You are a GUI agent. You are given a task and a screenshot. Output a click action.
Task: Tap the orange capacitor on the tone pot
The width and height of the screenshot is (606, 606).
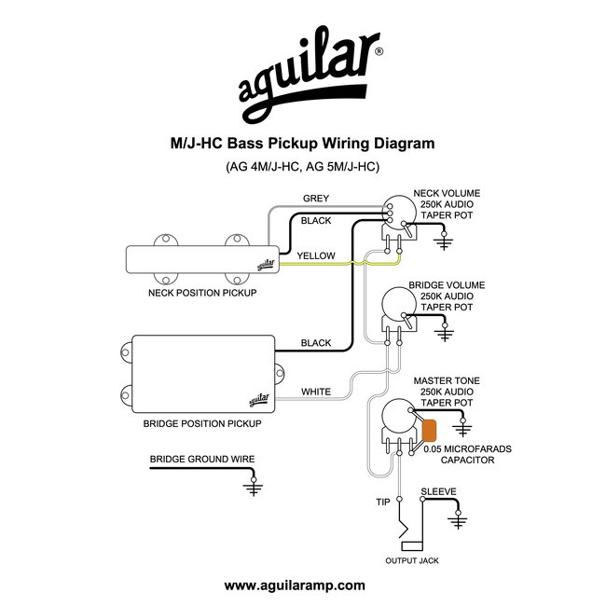(431, 431)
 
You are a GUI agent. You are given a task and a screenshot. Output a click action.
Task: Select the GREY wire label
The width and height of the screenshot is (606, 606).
(315, 199)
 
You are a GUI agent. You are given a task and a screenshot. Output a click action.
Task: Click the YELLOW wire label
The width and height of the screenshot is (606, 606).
(315, 255)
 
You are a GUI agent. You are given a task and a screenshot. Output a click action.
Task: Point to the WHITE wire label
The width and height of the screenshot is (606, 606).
(315, 393)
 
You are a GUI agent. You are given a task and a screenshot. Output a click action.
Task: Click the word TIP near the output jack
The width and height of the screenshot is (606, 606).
(382, 503)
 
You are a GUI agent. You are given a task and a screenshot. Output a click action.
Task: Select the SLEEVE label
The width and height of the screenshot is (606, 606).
(438, 490)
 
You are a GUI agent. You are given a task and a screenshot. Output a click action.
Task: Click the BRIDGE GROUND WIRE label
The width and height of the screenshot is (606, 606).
(201, 460)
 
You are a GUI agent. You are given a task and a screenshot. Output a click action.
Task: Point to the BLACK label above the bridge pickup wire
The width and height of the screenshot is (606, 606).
(315, 343)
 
